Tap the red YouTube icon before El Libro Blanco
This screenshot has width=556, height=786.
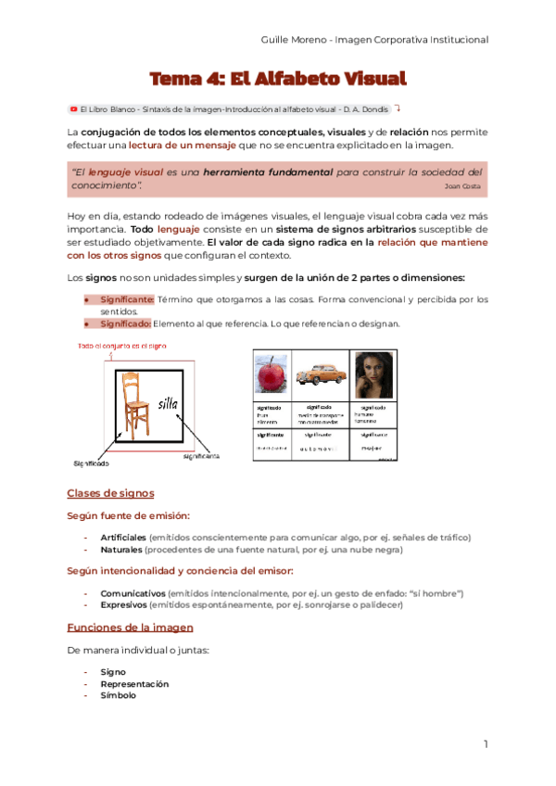(73, 108)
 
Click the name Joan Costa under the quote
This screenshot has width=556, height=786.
(463, 186)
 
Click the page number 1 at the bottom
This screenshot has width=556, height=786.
(484, 744)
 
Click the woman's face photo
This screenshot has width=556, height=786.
(373, 374)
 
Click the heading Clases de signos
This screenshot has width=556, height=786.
(110, 493)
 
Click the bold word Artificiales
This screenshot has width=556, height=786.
(123, 538)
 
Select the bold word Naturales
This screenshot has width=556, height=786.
(120, 550)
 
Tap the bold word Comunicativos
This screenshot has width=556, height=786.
(133, 592)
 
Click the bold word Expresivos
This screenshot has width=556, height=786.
(124, 604)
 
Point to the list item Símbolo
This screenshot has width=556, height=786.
(119, 695)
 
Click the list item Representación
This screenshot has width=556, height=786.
(134, 683)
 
